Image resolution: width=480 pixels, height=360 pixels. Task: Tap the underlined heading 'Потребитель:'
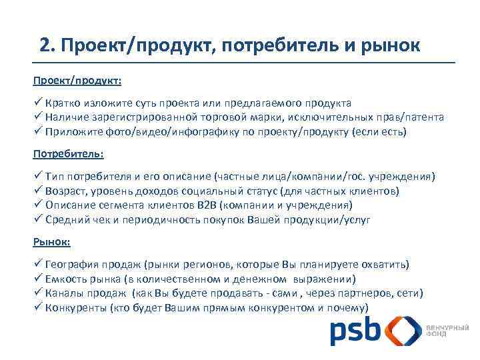coord(69,153)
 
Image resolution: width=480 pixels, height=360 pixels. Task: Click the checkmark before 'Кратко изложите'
coord(38,103)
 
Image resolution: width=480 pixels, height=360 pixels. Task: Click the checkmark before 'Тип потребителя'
coord(38,176)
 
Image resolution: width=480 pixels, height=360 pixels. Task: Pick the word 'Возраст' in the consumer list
coord(66,191)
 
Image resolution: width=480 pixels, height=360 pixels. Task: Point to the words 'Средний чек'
coord(75,220)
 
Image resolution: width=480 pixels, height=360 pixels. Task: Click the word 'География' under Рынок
coord(71,264)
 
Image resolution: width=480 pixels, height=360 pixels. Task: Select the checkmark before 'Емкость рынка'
coord(38,279)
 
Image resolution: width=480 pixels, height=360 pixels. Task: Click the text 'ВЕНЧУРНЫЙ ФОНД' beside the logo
coord(447,331)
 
